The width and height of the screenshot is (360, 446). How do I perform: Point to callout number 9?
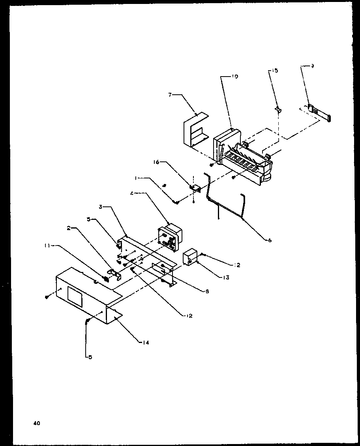pos(312,66)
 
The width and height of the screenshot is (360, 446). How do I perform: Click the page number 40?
pos(37,424)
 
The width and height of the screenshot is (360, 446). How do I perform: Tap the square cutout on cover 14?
pos(75,295)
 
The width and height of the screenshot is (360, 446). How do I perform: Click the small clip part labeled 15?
pos(278,109)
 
